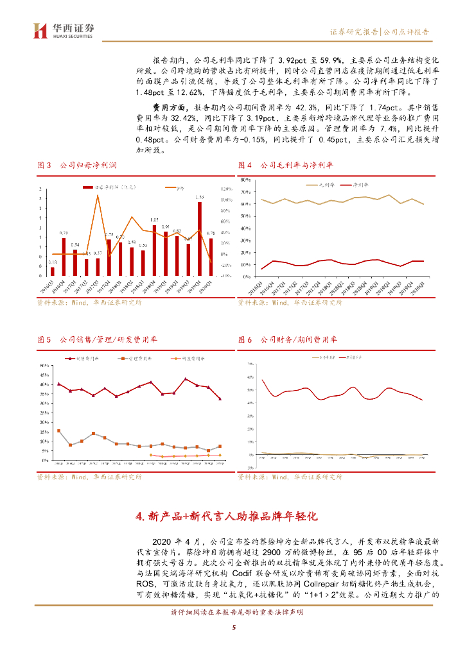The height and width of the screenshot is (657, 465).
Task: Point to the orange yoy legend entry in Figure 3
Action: pyautogui.click(x=175, y=188)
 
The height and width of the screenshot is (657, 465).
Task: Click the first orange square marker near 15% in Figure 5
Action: pyautogui.click(x=59, y=431)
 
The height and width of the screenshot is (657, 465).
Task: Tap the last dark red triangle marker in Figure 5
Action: pyautogui.click(x=220, y=399)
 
